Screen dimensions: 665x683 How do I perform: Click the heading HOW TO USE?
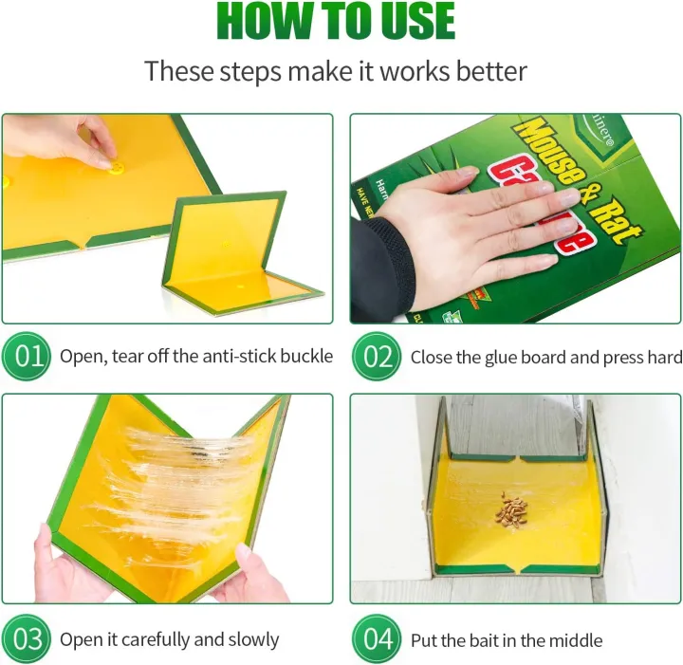[336, 23]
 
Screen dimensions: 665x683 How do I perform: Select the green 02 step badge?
[377, 357]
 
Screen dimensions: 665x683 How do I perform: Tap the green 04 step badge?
[377, 638]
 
